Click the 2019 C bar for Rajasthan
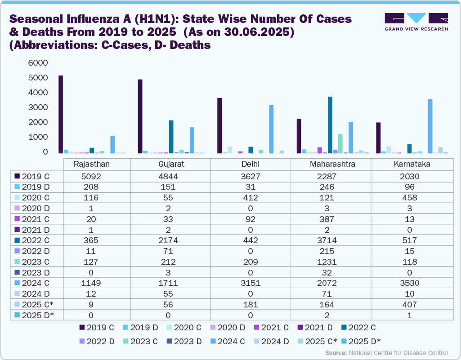(61, 115)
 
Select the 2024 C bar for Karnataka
(430, 126)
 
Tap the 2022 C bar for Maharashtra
(330, 125)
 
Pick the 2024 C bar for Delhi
(271, 129)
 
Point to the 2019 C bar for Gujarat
(140, 116)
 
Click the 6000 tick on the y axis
(38, 63)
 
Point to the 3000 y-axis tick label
(38, 107)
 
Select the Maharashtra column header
(332, 164)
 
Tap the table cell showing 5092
(91, 176)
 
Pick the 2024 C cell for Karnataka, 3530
(411, 283)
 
